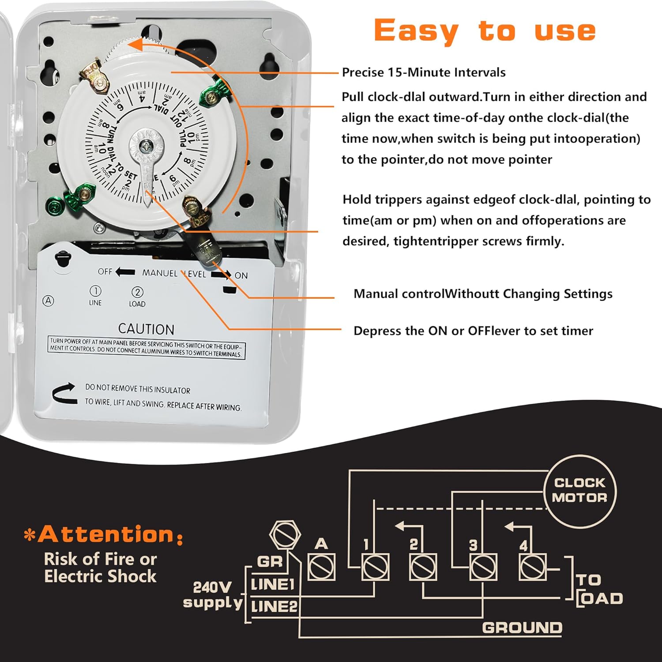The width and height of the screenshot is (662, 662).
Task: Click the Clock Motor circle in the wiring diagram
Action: pos(580,491)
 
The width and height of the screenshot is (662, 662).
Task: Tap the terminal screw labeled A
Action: pos(321,567)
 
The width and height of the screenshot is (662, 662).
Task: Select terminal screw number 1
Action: pos(375,567)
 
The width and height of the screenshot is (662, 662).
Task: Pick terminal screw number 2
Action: pos(423,567)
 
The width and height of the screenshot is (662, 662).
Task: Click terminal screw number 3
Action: pos(483,567)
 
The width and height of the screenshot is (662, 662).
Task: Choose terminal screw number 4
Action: pos(533,567)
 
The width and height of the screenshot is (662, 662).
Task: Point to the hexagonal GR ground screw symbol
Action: pos(285,534)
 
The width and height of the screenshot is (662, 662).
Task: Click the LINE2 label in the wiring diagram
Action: pos(274,606)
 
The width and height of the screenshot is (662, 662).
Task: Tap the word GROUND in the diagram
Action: pos(522,628)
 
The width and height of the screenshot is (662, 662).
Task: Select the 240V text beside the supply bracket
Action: pos(212,587)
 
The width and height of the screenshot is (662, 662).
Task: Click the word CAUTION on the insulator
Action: pos(146,329)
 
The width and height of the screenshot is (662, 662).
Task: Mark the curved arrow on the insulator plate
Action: pos(64,393)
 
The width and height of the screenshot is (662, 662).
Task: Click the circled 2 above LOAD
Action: pos(137,292)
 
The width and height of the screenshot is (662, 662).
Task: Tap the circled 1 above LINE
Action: pos(95,291)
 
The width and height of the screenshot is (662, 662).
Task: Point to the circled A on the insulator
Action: pos(48,301)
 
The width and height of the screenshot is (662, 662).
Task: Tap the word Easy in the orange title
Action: pos(416,31)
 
